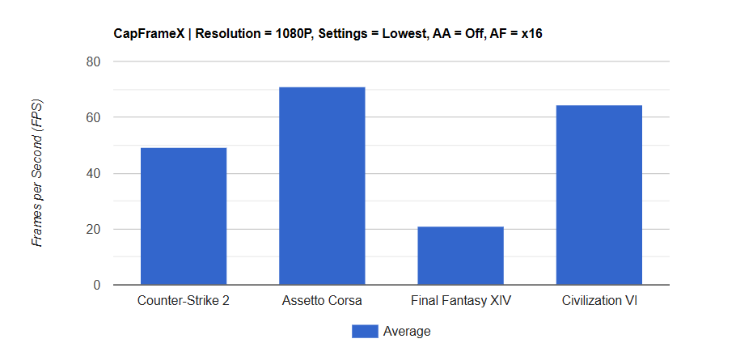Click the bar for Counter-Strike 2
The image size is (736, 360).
point(184,216)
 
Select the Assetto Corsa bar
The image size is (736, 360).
point(322,186)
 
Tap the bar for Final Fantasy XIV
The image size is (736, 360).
point(460,256)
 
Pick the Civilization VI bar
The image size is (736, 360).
point(599,195)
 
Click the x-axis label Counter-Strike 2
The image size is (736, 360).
point(184,301)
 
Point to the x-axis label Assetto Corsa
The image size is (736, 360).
point(322,301)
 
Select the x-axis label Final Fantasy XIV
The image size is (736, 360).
point(460,301)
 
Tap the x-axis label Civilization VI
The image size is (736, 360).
point(599,301)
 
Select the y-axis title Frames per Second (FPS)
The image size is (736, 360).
point(37,173)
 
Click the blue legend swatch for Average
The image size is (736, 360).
point(365,331)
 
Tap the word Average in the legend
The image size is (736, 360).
point(407,331)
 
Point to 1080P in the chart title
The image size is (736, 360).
point(290,34)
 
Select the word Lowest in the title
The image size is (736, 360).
point(393,34)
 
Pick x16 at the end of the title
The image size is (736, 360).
point(539,34)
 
